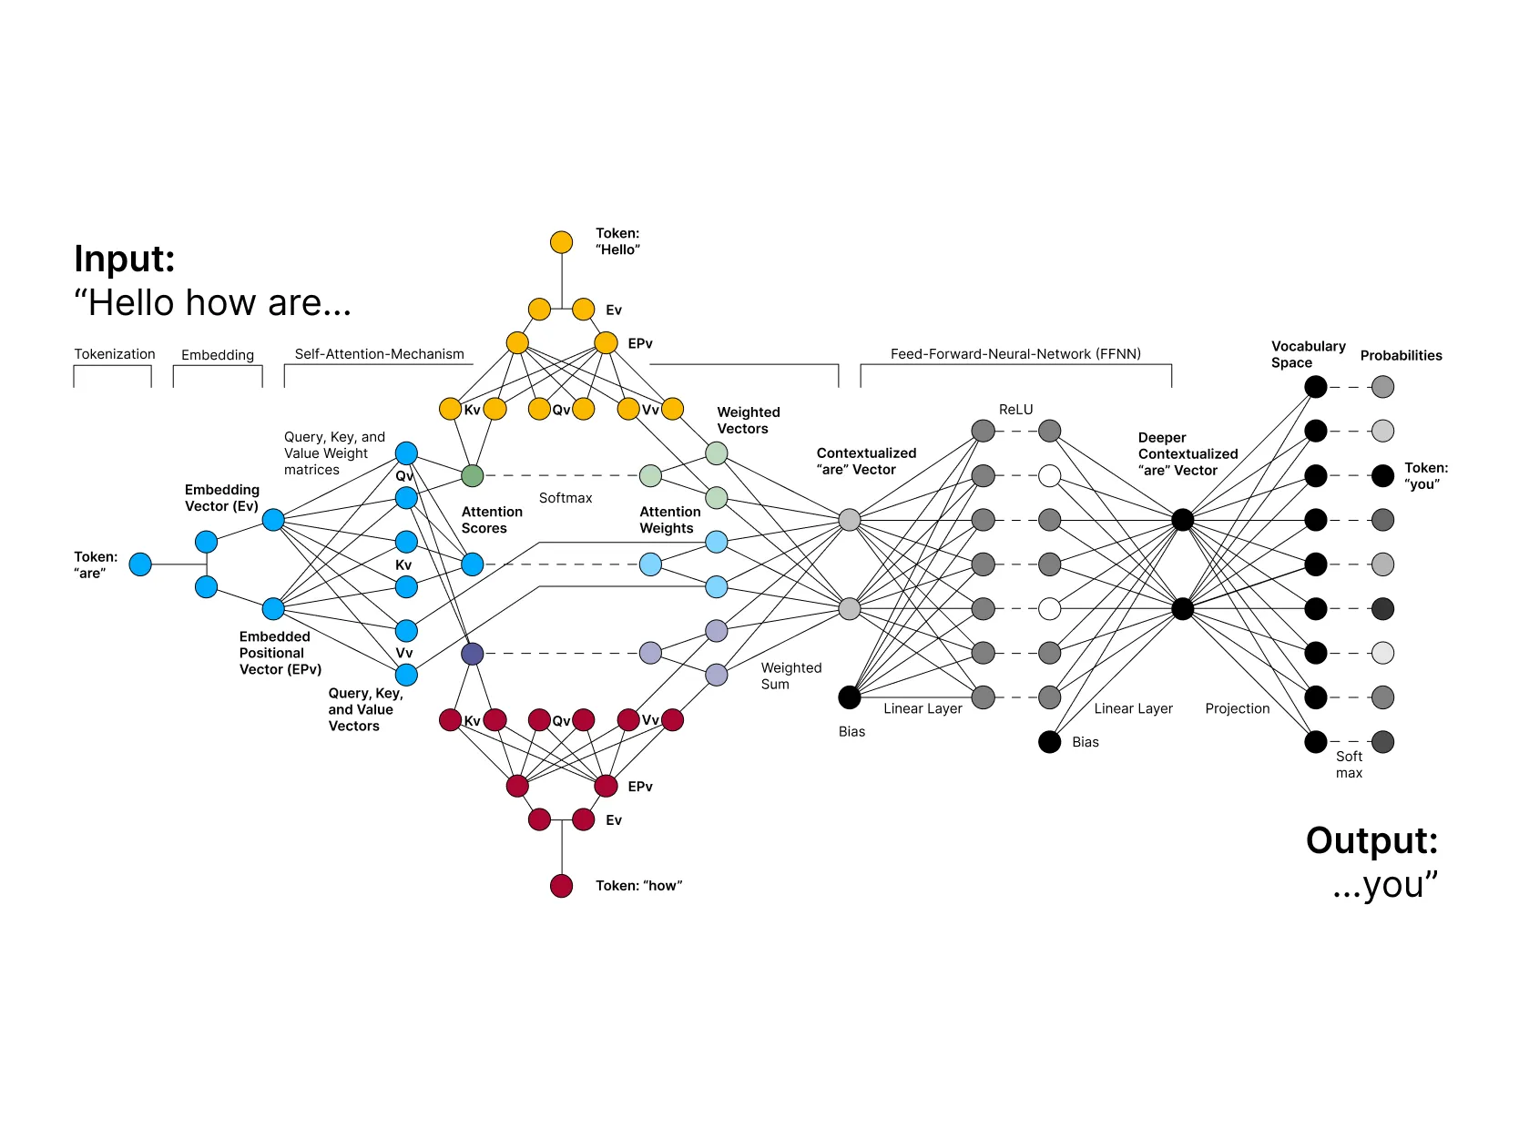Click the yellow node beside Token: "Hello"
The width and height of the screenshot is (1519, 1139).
click(561, 242)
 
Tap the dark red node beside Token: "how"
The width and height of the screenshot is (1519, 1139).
click(561, 886)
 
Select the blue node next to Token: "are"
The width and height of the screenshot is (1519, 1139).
click(140, 564)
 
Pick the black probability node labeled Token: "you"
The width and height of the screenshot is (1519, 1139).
click(1382, 475)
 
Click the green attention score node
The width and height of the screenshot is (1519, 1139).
click(472, 475)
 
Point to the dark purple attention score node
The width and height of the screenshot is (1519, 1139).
click(472, 654)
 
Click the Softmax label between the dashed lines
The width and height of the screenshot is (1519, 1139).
click(565, 498)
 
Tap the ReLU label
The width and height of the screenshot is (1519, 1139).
click(1015, 410)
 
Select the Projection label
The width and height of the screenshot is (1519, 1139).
click(1237, 708)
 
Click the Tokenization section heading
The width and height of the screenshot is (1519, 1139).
click(115, 354)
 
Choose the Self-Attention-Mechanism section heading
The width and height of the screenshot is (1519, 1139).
click(379, 354)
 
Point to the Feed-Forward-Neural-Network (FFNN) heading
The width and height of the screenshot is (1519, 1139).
click(1015, 354)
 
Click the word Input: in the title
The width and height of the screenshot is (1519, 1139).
click(125, 259)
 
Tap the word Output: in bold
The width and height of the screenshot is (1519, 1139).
click(1371, 840)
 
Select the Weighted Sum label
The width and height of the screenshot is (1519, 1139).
click(790, 676)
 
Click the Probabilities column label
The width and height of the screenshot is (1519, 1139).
click(1401, 356)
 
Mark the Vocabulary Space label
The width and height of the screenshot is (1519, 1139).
click(1308, 354)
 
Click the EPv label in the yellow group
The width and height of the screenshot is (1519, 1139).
click(640, 343)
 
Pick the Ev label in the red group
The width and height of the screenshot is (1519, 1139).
click(614, 820)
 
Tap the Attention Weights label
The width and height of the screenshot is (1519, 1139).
click(669, 520)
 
